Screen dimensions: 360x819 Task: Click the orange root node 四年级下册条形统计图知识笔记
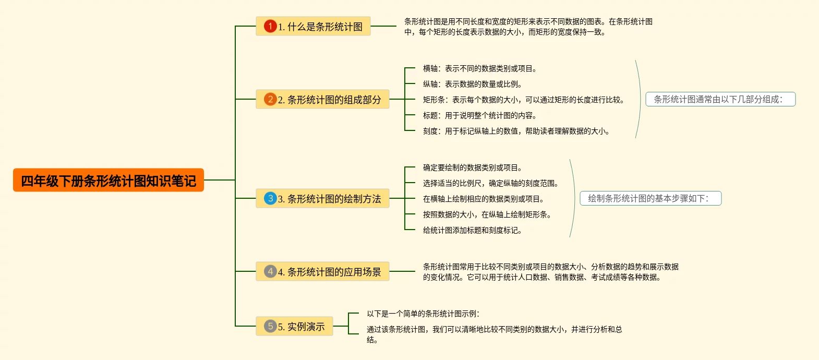[108, 181]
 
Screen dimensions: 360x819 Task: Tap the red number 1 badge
[270, 26]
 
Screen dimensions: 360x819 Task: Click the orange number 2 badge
[270, 99]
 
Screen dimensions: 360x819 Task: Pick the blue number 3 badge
[270, 198]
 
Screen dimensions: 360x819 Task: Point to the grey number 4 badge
[270, 271]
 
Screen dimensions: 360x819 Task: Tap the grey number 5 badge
[270, 326]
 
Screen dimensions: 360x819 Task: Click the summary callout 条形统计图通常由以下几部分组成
[720, 99]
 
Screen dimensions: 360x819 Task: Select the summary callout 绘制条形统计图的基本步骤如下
[650, 198]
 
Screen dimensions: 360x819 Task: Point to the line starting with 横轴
[479, 68]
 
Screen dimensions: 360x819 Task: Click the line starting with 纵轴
[472, 84]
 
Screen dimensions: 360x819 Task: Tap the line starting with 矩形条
[523, 100]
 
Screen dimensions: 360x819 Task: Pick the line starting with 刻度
[516, 131]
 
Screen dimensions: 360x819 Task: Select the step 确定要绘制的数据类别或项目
[472, 167]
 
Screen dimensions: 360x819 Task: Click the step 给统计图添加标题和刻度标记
[472, 230]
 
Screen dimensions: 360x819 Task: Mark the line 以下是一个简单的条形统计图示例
[423, 314]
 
